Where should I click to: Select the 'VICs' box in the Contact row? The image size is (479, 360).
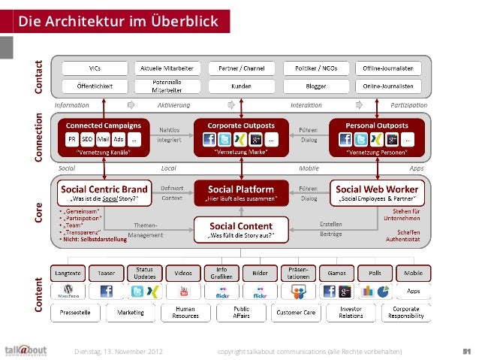[x=95, y=68]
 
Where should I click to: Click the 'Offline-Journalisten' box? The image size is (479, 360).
[x=391, y=68]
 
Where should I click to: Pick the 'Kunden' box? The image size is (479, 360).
[x=239, y=86]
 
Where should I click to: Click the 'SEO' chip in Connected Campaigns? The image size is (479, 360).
[x=86, y=140]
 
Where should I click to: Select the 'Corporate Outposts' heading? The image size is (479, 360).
[x=240, y=124]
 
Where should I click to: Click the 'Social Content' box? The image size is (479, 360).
[x=240, y=229]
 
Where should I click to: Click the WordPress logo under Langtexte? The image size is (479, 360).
[x=68, y=292]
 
